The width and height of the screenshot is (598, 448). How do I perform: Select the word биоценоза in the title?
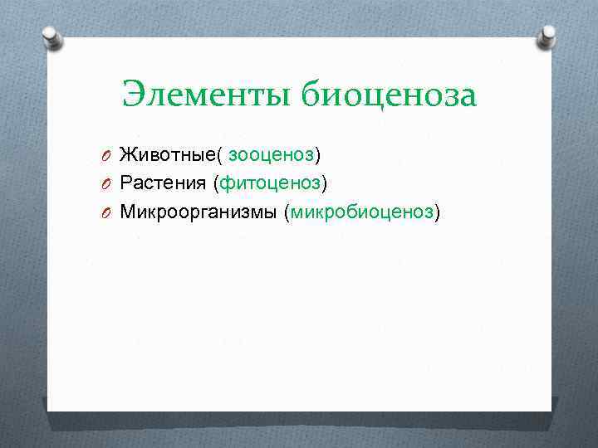click(x=389, y=95)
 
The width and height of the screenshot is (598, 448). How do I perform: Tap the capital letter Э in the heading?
click(x=133, y=95)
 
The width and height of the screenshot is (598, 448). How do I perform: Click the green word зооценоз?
click(x=272, y=154)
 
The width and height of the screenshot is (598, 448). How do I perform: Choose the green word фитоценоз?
click(x=271, y=183)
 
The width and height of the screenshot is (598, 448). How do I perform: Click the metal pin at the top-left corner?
click(x=52, y=37)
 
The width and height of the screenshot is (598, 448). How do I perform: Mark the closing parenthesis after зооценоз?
click(x=318, y=155)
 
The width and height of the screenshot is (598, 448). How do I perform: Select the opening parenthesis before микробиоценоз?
click(x=287, y=213)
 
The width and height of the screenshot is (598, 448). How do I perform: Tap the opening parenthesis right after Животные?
click(x=220, y=155)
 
